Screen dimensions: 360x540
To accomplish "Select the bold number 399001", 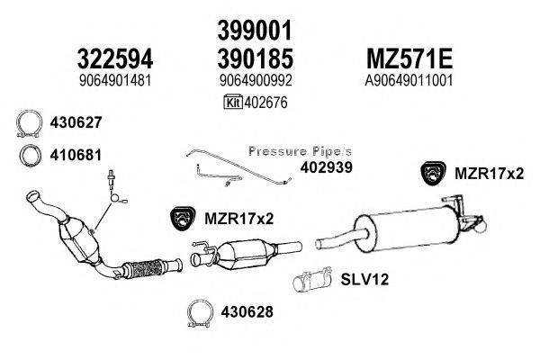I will coord(255,31).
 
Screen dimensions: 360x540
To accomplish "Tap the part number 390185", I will coord(255,58).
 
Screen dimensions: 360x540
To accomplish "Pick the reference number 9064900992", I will coord(256,80).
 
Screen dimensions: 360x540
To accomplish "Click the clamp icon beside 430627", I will coord(31,122).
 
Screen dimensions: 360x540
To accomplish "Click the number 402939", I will coord(328,167).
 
